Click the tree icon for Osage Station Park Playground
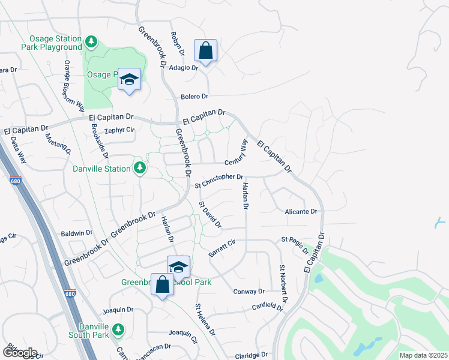click(x=91, y=41)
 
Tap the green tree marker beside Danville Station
click(x=139, y=168)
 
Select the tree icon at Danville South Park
click(x=118, y=329)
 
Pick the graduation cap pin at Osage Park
click(x=129, y=79)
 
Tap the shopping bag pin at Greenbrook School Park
click(x=162, y=284)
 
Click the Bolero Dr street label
click(x=194, y=97)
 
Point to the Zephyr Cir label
click(x=118, y=130)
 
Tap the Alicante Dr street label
click(x=301, y=212)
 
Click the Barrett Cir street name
click(x=221, y=247)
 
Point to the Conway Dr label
click(x=249, y=292)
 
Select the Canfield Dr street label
click(x=268, y=307)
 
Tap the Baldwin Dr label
click(x=77, y=233)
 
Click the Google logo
click(x=19, y=353)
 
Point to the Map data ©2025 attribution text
click(x=423, y=355)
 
